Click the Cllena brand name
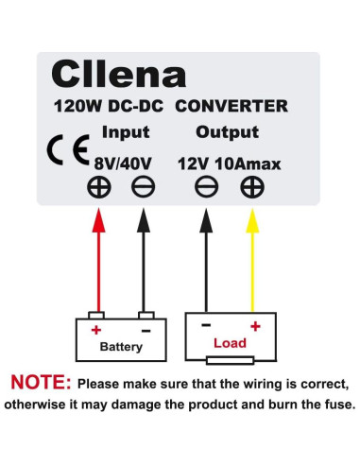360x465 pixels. [x=118, y=74]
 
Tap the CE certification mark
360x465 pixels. [x=61, y=151]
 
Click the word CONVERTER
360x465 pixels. [x=231, y=106]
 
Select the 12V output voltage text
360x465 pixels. [x=193, y=163]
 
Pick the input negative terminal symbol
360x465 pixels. [x=142, y=187]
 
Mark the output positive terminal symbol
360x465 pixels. [x=251, y=187]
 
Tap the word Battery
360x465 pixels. [x=121, y=347]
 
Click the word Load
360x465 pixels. [x=230, y=343]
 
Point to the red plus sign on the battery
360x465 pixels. [x=96, y=330]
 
